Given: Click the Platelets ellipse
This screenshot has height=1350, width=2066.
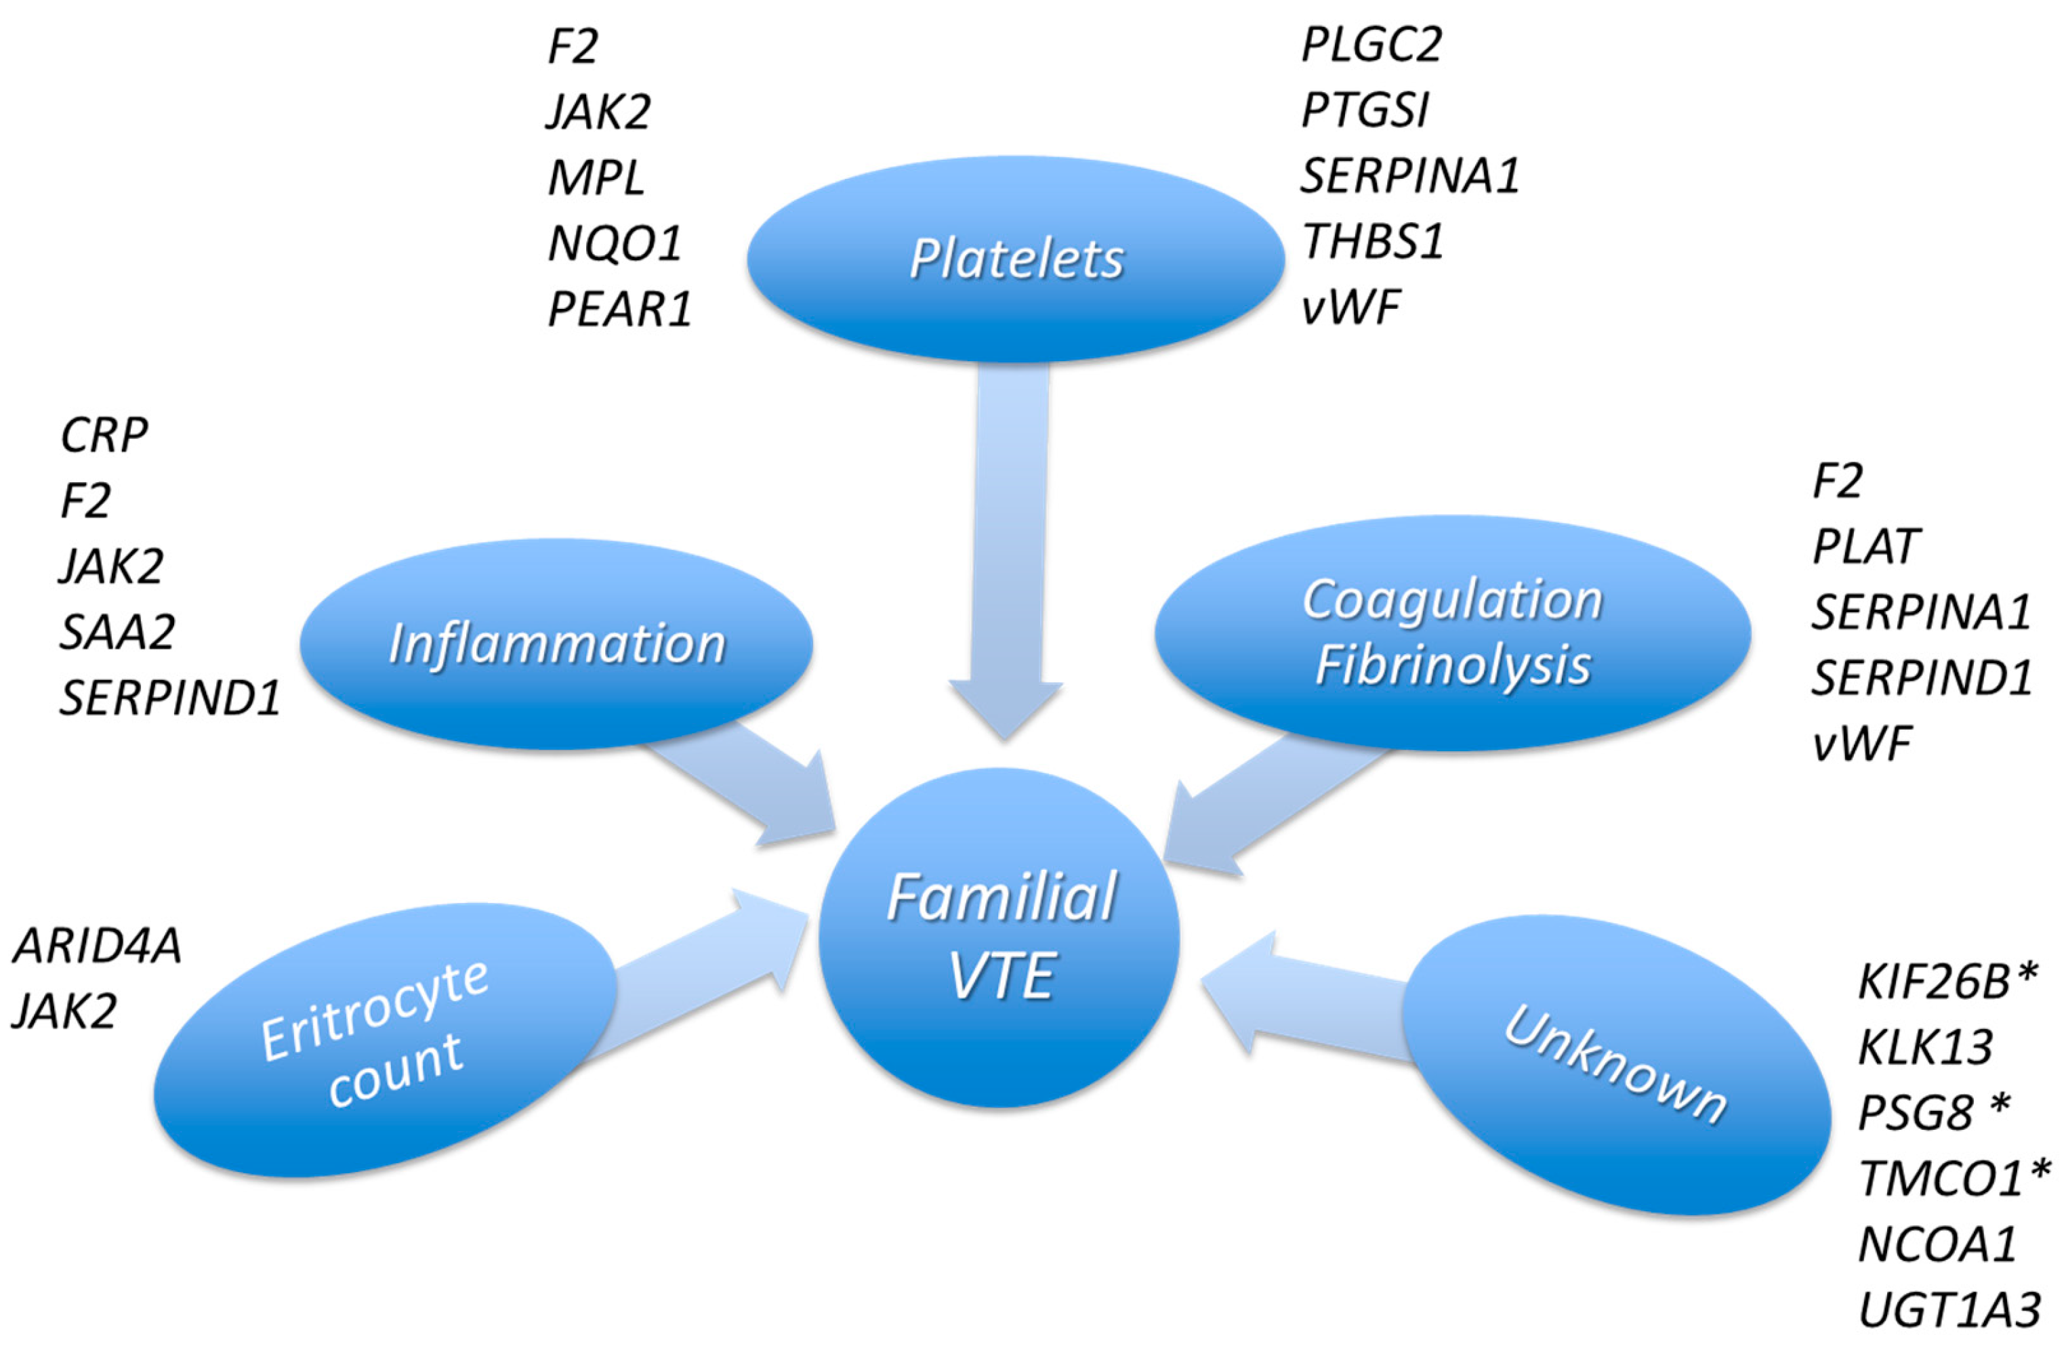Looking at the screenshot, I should point(1016,259).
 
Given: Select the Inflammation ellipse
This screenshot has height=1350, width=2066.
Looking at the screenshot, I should point(556,644).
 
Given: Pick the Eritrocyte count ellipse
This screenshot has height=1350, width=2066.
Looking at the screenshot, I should point(382,1041).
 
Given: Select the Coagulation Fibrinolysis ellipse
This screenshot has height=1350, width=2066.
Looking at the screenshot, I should point(1452,633).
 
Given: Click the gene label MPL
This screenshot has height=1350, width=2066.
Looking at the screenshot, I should point(596,178).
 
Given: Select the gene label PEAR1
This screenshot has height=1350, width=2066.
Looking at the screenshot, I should point(619,309).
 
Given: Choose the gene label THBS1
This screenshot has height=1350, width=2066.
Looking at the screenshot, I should point(1372,241).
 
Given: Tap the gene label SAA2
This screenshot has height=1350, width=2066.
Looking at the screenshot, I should point(117,631).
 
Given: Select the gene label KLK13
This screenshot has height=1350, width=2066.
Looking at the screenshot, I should point(1925,1047).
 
